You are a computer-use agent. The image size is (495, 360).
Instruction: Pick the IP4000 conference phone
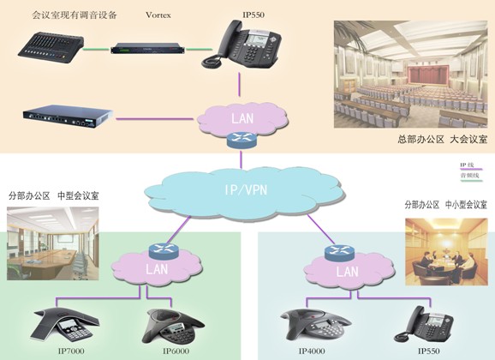(x=312, y=324)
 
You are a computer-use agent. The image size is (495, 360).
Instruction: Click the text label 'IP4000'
(x=313, y=351)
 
